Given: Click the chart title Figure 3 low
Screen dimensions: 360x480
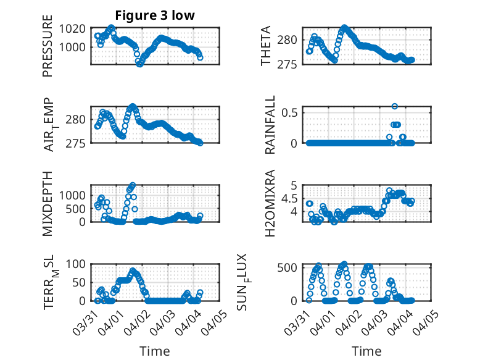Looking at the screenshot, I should click(x=155, y=15).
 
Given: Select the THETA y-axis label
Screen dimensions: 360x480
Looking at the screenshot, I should click(x=266, y=46).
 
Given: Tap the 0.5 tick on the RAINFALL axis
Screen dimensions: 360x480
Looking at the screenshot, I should click(x=291, y=112).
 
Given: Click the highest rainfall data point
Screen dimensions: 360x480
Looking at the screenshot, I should click(x=395, y=106).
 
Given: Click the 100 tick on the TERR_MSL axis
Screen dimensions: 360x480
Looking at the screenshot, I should click(x=77, y=264).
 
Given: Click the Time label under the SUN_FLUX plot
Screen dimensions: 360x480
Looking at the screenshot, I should click(x=366, y=351).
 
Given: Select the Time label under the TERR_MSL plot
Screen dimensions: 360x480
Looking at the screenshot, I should click(x=155, y=351).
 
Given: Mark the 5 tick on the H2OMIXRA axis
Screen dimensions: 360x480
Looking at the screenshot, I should click(x=295, y=185).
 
